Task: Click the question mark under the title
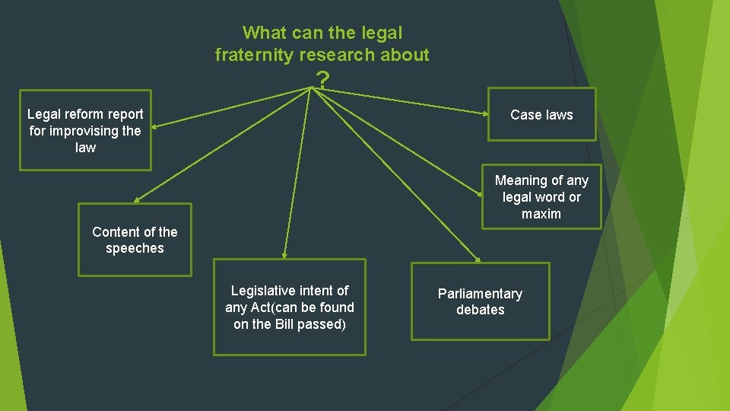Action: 323,79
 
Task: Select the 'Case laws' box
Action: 541,115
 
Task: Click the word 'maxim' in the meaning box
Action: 541,214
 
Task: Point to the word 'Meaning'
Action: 521,180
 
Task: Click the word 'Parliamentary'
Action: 480,294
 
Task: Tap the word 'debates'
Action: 480,310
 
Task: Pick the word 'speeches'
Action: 135,248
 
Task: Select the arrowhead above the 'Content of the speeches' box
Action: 137,200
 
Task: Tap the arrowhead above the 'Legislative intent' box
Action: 284,255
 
